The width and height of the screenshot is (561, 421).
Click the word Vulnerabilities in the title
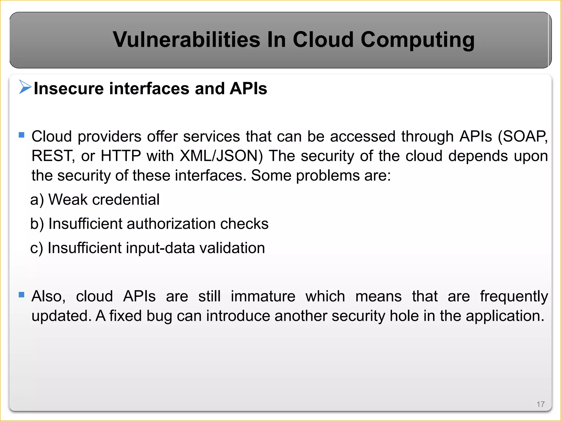click(186, 40)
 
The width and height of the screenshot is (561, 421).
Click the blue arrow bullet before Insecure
click(25, 87)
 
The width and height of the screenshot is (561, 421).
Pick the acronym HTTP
click(121, 156)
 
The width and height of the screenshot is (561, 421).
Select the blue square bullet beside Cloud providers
click(22, 135)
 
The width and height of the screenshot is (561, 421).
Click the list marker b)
click(37, 224)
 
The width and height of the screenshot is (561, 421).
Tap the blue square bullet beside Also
click(22, 295)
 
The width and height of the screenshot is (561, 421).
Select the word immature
click(263, 296)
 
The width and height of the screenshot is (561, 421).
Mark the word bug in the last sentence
click(159, 316)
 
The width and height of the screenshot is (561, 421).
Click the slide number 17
click(540, 404)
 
